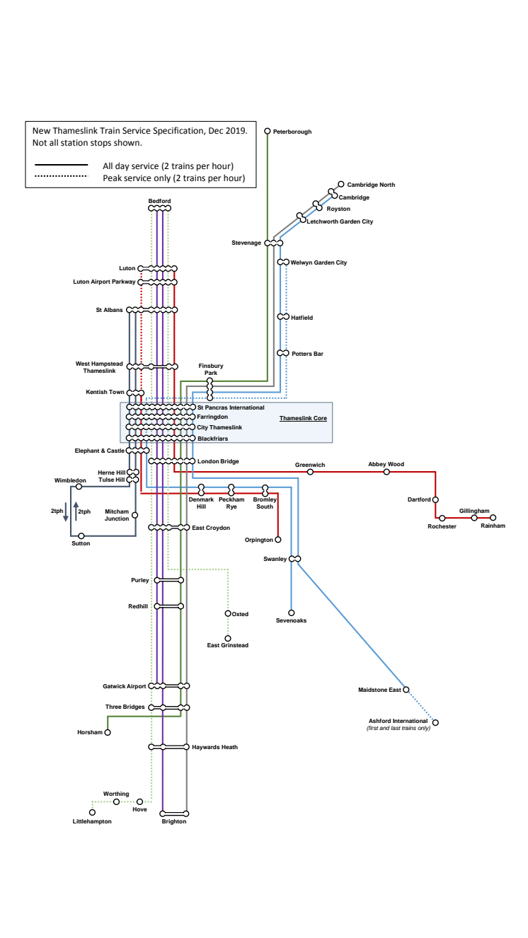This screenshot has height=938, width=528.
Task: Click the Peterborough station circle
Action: coord(268,131)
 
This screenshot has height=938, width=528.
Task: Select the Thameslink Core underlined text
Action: coord(303,419)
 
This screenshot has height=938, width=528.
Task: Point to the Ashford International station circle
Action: coord(435,722)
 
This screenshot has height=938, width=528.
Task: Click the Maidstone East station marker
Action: coord(406,689)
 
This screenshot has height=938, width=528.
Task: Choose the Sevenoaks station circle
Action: coord(291,613)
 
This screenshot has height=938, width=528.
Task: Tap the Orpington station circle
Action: coord(277,540)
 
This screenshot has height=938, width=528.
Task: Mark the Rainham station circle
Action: coord(493,518)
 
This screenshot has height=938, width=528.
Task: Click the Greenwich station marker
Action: coord(310,472)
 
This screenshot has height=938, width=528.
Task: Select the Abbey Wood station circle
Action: coord(386,472)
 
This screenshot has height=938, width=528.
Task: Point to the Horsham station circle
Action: coord(108,732)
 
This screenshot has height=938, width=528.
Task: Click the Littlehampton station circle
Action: coord(92,812)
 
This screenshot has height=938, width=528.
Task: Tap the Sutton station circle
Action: coord(81,536)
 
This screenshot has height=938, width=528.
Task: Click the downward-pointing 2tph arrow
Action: coord(66,511)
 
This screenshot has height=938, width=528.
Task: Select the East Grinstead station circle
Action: coord(228,638)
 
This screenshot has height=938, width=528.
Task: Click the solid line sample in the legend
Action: coord(62,166)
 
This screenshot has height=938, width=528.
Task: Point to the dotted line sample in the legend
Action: coord(62,178)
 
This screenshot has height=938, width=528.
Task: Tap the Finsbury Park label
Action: coord(210,369)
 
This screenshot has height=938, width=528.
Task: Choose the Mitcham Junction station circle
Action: coord(135,515)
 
